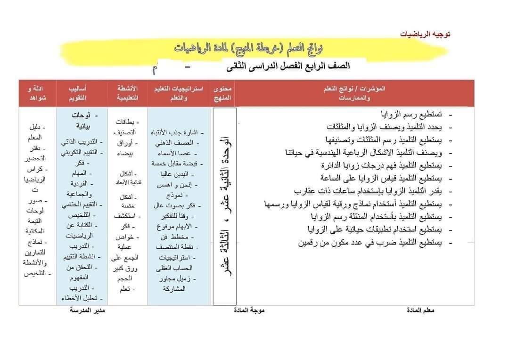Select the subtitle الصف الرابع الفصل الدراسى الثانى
click(280, 65)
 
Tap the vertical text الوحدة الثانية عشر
click(225, 207)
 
